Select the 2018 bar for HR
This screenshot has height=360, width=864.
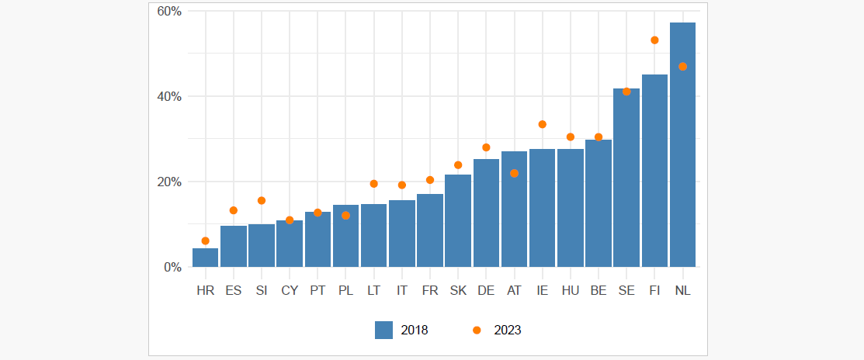click(x=206, y=258)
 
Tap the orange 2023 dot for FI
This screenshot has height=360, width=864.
click(x=654, y=40)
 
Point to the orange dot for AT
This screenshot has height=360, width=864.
click(x=514, y=173)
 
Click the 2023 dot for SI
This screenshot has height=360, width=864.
click(x=262, y=200)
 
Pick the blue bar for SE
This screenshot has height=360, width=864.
click(x=626, y=178)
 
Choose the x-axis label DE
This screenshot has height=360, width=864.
click(x=486, y=291)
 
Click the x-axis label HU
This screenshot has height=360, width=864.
click(x=570, y=291)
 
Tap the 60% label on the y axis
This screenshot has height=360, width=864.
click(x=168, y=12)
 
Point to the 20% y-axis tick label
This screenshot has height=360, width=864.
click(x=168, y=182)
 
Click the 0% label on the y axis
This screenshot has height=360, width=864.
click(x=172, y=268)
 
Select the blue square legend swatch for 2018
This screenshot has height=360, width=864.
click(x=383, y=330)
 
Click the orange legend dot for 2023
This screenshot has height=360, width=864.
click(x=477, y=330)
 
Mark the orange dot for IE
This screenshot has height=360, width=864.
click(x=542, y=124)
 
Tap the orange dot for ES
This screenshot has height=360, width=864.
click(x=234, y=210)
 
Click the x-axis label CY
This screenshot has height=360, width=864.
click(x=290, y=291)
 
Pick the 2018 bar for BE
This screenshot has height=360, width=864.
click(x=599, y=203)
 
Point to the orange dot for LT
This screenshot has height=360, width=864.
click(x=373, y=184)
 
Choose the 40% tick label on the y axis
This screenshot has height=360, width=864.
click(x=168, y=97)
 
